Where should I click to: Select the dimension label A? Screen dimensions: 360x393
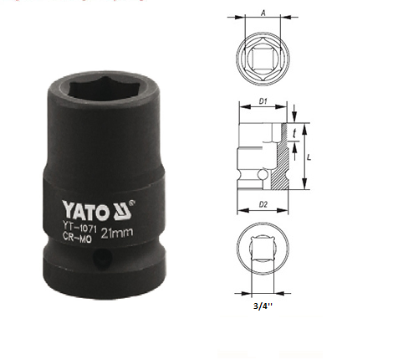click(x=263, y=13)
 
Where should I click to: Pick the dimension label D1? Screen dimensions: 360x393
click(x=262, y=102)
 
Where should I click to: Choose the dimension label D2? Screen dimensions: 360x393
click(x=262, y=203)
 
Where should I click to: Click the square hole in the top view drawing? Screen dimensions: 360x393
click(x=262, y=55)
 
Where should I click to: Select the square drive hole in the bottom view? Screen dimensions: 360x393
click(x=262, y=249)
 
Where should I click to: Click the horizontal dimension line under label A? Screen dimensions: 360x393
click(x=262, y=20)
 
